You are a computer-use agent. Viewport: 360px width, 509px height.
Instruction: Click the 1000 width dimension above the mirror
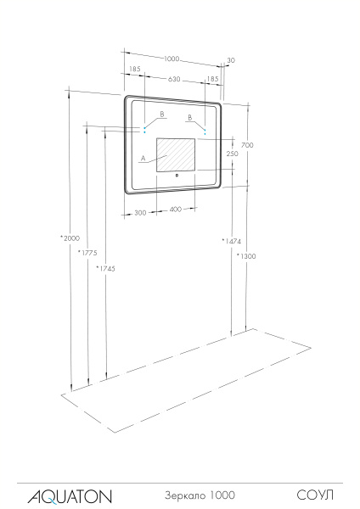172,59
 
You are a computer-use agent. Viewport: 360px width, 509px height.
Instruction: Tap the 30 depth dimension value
230,60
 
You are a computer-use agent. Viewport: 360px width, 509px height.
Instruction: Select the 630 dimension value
173,79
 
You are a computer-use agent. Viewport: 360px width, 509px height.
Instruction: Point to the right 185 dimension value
212,79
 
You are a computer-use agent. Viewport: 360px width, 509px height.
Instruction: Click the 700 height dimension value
247,145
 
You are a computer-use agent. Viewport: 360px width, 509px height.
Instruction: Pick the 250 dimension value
231,154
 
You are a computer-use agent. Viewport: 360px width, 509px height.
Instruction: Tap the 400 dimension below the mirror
176,209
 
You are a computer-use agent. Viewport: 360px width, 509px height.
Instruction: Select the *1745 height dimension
105,268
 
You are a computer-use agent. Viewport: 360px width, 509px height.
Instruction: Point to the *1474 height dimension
230,242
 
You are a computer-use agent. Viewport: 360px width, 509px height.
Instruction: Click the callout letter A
143,159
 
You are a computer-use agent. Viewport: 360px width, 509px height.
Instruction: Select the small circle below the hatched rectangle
176,177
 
